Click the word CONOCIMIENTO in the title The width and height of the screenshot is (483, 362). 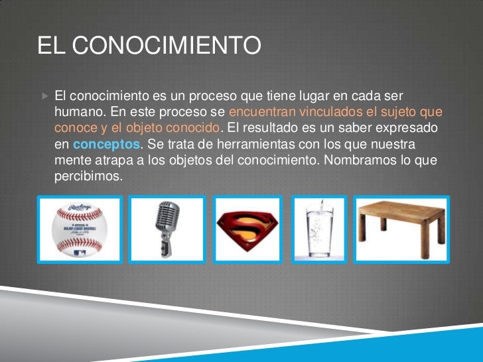tap(166, 46)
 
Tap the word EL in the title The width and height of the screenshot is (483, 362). tap(52, 46)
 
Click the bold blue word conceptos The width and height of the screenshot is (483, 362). tap(106, 144)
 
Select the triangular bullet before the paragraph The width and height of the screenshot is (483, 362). tap(44, 96)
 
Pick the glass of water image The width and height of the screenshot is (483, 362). tap(319, 229)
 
